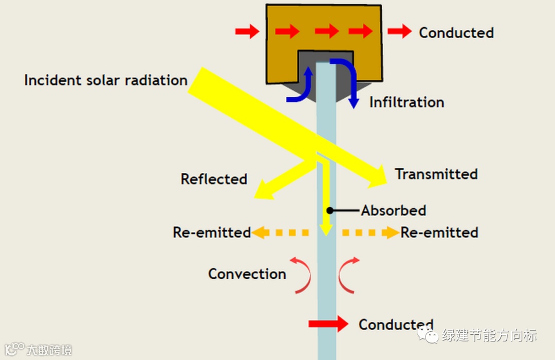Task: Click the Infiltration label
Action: click(406, 102)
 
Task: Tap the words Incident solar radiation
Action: click(106, 80)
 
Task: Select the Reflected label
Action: click(214, 179)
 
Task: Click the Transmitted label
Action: click(436, 174)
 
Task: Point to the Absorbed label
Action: click(394, 210)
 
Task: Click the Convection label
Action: click(247, 274)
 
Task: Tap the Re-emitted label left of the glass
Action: click(212, 232)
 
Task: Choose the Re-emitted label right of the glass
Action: click(439, 232)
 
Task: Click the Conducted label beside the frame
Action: click(456, 32)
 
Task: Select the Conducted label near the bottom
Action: click(396, 325)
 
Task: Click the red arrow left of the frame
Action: click(247, 32)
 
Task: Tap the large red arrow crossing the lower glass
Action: click(328, 323)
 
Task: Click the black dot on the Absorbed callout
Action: click(330, 210)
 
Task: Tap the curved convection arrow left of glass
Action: click(303, 275)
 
